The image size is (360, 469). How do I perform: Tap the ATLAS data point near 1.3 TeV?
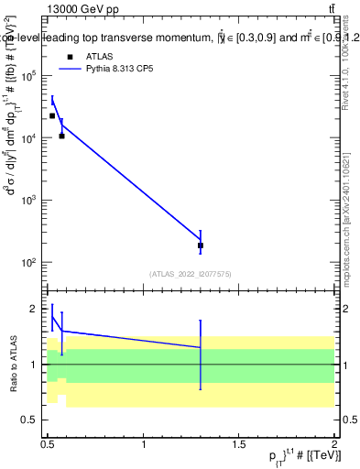pyautogui.click(x=201, y=245)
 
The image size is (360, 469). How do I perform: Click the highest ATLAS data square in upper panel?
pyautogui.click(x=52, y=115)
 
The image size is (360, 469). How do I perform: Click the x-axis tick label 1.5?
pyautogui.click(x=239, y=445)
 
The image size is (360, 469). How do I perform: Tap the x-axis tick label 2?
pyautogui.click(x=334, y=445)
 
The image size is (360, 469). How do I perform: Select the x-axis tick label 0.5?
pyautogui.click(x=49, y=445)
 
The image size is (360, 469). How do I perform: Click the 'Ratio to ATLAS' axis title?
pyautogui.click(x=12, y=364)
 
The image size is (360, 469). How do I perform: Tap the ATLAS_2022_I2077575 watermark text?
pyautogui.click(x=190, y=274)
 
